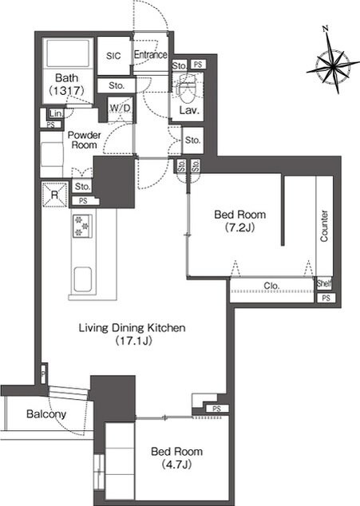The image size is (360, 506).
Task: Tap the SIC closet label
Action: [113, 56]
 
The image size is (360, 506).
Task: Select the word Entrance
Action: [150, 54]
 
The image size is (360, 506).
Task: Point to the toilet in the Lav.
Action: [187, 88]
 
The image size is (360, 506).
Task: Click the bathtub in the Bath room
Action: [68, 53]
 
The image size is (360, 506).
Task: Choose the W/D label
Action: [120, 108]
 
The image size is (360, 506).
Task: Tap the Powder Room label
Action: [85, 140]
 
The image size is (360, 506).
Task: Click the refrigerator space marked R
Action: [54, 195]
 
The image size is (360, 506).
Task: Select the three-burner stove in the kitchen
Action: [82, 226]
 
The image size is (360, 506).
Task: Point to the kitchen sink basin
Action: [83, 279]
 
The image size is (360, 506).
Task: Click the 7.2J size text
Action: [240, 227]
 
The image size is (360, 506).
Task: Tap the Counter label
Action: [324, 226]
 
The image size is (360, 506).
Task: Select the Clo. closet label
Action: [271, 286]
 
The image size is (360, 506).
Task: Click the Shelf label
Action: [323, 283]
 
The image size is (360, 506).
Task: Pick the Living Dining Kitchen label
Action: [133, 328]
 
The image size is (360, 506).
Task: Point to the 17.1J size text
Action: [133, 341]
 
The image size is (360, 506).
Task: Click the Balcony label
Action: [46, 414]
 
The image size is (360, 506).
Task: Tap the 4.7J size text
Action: [176, 464]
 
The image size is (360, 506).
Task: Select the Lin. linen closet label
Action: [56, 113]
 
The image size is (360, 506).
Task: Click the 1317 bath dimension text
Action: [66, 91]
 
